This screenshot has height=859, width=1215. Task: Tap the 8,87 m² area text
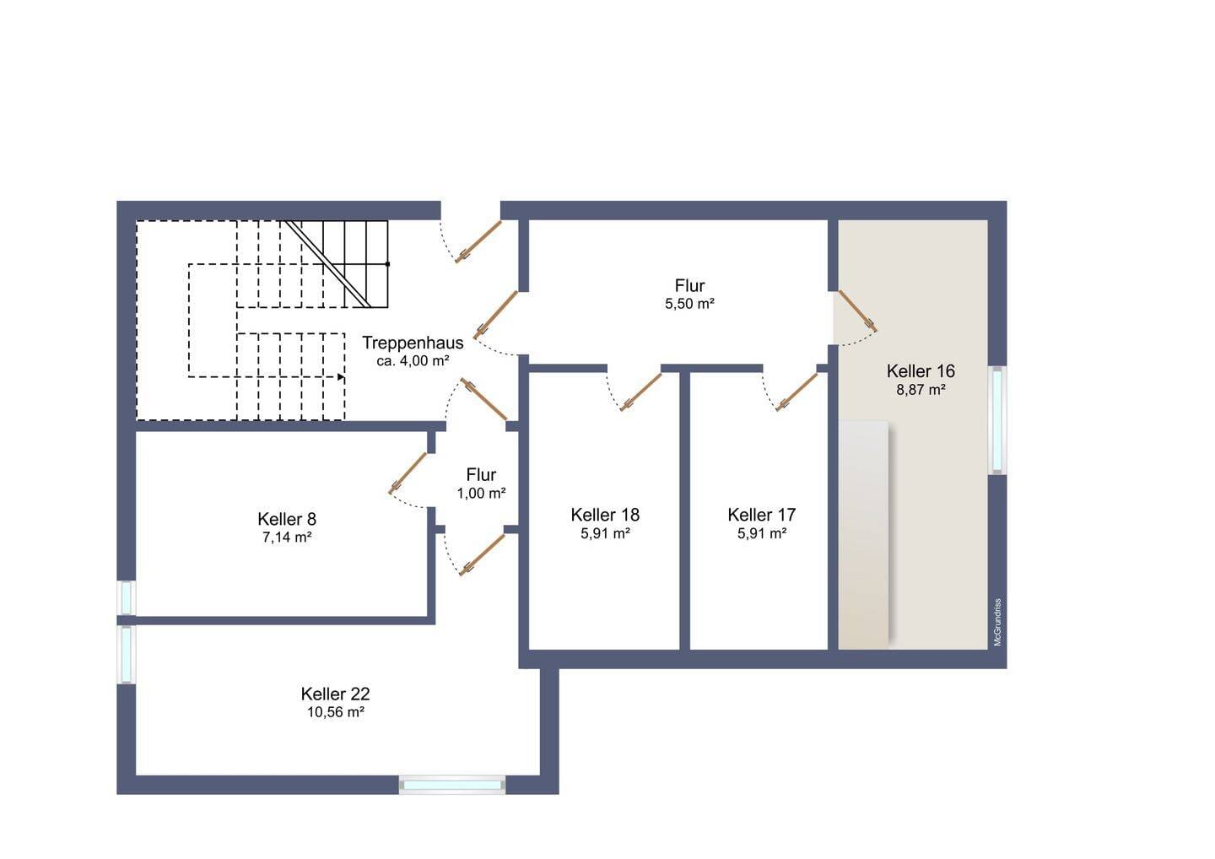(x=921, y=390)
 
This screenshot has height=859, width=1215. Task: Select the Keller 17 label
(x=762, y=515)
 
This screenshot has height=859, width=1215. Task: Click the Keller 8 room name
(x=287, y=519)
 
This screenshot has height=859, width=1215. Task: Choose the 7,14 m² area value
(x=287, y=538)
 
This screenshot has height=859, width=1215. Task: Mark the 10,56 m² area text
(x=336, y=712)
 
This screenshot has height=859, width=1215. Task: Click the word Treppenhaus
(x=413, y=343)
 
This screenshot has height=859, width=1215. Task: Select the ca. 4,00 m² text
(x=413, y=360)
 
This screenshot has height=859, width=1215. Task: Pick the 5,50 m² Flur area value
(x=690, y=304)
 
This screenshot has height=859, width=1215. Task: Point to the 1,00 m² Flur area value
(x=482, y=494)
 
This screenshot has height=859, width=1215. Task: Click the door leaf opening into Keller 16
(x=857, y=311)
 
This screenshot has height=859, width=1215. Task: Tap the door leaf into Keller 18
(x=641, y=392)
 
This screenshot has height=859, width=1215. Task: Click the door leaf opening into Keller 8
(x=408, y=473)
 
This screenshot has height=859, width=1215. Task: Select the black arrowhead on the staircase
(x=341, y=377)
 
